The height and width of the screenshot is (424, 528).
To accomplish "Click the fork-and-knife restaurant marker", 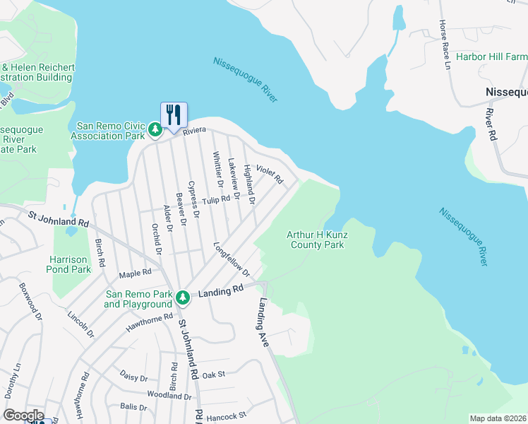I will pyautogui.click(x=174, y=114).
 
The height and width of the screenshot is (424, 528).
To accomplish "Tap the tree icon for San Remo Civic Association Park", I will pyautogui.click(x=155, y=129).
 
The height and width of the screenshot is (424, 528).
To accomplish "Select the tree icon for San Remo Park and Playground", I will pyautogui.click(x=183, y=298).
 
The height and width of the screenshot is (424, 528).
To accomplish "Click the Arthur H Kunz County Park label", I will pyautogui.click(x=316, y=240).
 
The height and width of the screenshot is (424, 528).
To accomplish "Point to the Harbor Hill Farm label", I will pyautogui.click(x=491, y=57).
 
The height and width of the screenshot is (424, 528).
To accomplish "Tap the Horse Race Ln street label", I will pyautogui.click(x=444, y=42).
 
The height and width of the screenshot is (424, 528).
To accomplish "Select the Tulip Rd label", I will pyautogui.click(x=217, y=200).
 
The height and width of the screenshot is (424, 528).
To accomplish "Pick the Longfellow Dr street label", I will pyautogui.click(x=232, y=260).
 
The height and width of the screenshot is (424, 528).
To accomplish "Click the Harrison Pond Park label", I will pyautogui.click(x=70, y=264).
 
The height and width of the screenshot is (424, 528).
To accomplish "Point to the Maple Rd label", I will pyautogui.click(x=136, y=272).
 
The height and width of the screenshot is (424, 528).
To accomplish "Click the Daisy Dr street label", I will pyautogui.click(x=133, y=377).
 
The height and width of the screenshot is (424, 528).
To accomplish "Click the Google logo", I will pyautogui.click(x=23, y=416).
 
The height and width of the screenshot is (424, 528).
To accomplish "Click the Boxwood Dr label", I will pyautogui.click(x=32, y=299).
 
